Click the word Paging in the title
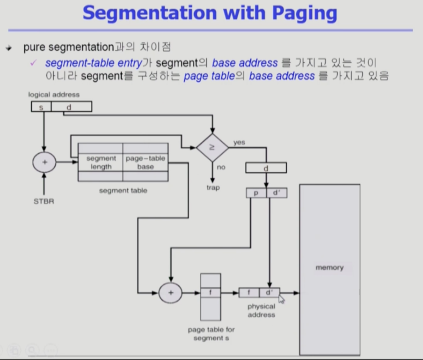(x=304, y=14)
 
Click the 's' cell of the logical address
(x=41, y=107)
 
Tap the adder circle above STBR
(x=44, y=162)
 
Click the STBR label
(x=44, y=201)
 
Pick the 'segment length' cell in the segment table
(x=101, y=163)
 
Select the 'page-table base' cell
(x=145, y=163)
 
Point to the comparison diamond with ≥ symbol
(x=212, y=148)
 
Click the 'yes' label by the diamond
(x=239, y=143)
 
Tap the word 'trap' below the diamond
(x=213, y=188)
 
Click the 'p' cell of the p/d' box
(x=256, y=193)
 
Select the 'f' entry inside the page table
(x=211, y=292)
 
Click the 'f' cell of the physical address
(x=249, y=293)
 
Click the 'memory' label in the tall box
(x=329, y=268)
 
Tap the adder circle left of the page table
(x=170, y=293)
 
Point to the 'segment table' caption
(x=123, y=190)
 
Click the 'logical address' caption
(x=54, y=95)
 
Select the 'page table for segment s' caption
(x=211, y=334)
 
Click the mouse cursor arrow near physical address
(x=281, y=299)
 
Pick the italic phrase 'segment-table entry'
(x=94, y=63)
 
